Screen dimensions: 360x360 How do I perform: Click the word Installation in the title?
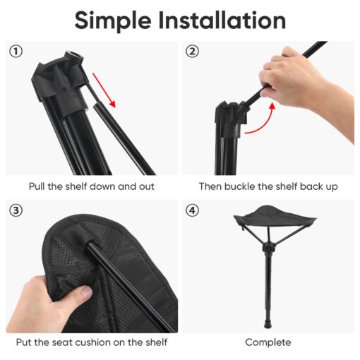(x=222, y=20)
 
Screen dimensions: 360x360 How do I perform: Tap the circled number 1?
(x=16, y=52)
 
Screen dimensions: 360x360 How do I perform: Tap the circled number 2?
(x=192, y=52)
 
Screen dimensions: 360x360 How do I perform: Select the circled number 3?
(x=16, y=210)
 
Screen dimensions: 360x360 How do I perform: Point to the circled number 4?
(x=192, y=210)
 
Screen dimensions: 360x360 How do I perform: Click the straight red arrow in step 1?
(x=104, y=90)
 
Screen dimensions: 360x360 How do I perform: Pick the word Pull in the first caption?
(x=37, y=186)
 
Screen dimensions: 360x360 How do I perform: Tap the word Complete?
(x=268, y=342)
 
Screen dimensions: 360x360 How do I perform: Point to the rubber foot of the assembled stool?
(x=268, y=323)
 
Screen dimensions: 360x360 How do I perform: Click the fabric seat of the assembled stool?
(x=275, y=215)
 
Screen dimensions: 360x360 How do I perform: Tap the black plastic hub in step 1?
(x=59, y=81)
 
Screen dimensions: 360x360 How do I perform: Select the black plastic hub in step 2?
(x=231, y=115)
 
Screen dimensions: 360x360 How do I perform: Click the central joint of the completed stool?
(x=268, y=248)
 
